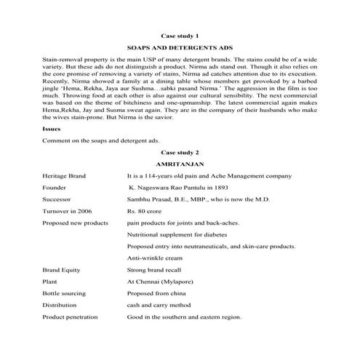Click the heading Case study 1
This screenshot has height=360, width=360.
[x=179, y=35]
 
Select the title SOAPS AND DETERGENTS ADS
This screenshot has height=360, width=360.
[x=179, y=46]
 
